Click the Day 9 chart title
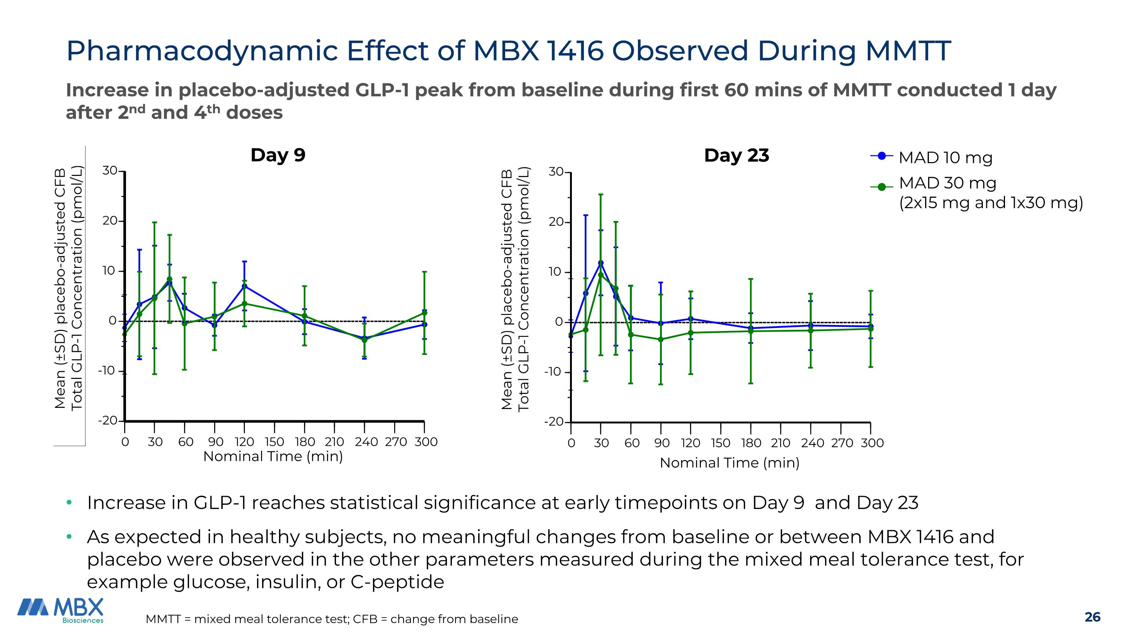278,155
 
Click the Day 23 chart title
736,155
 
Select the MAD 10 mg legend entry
945,157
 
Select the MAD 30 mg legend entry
947,183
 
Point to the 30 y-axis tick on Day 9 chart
110,171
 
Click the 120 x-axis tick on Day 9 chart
244,442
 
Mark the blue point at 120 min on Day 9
244,286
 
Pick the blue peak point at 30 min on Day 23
601,263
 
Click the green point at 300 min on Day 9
424,313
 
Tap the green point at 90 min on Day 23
661,340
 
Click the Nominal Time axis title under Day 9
273,457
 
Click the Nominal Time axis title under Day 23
729,463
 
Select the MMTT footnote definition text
332,619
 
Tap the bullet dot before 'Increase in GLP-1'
69,502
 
